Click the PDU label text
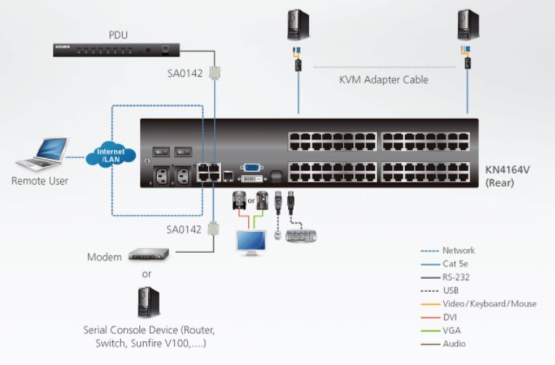click(118, 33)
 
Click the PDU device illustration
click(116, 49)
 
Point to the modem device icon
click(148, 255)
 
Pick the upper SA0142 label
click(184, 72)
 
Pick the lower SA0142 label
click(184, 229)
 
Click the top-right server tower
click(466, 23)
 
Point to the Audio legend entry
click(454, 343)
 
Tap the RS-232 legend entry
click(457, 277)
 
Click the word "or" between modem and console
click(147, 274)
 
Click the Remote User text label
click(40, 180)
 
